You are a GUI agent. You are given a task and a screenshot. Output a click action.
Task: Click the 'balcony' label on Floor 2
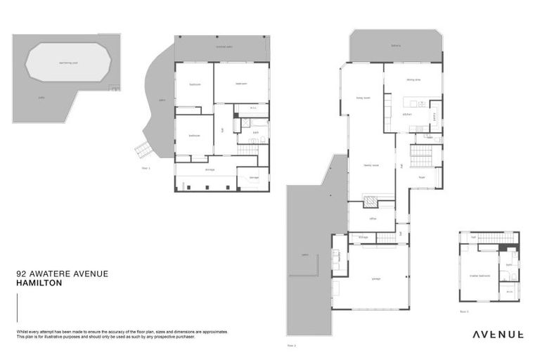coord(396,48)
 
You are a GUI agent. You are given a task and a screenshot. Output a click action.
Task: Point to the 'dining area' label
coord(412,80)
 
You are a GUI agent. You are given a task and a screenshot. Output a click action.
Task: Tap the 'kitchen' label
coord(406,113)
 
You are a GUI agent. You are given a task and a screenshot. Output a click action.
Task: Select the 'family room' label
coord(371,165)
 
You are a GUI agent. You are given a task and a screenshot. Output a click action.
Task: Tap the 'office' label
coord(373,219)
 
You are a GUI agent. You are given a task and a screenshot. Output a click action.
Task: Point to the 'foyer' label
coord(423,177)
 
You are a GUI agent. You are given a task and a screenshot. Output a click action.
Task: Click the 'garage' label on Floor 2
coord(375,278)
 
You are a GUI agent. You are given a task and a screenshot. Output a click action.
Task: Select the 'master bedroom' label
coord(480,276)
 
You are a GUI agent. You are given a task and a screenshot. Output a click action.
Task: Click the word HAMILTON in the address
coord(39,283)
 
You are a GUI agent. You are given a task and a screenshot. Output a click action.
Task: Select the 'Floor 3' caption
coord(464,310)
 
